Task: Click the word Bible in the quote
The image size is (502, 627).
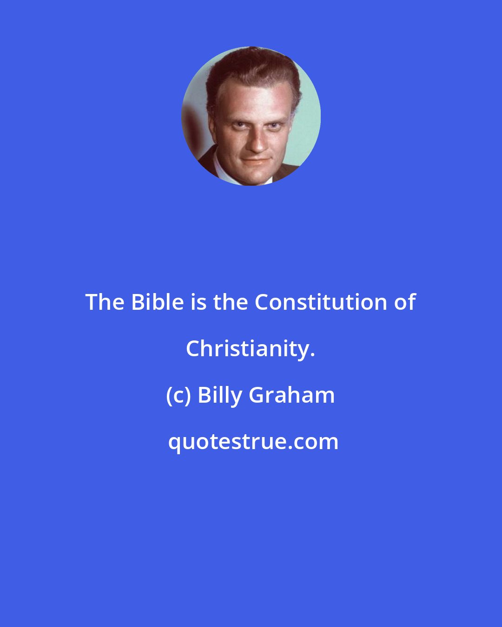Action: click(158, 302)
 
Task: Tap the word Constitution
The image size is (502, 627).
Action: click(321, 302)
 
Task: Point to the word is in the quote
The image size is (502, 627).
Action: click(198, 302)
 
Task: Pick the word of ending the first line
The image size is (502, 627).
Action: click(404, 302)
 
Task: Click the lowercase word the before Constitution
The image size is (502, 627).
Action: click(231, 302)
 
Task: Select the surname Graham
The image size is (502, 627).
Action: click(292, 395)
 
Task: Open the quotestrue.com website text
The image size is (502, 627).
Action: click(253, 442)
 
